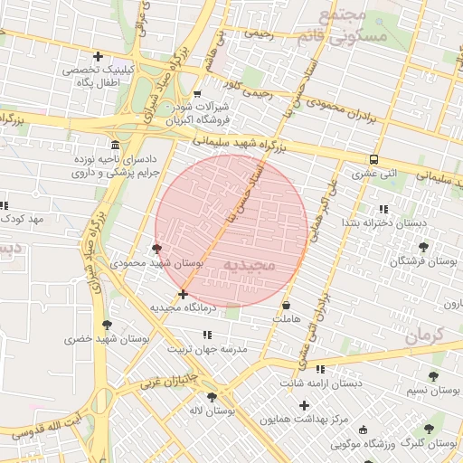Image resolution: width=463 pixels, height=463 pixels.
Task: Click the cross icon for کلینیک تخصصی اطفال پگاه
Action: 98,56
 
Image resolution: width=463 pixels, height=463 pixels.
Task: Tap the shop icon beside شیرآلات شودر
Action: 197,93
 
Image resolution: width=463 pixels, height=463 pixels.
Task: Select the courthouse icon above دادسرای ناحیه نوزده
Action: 114,146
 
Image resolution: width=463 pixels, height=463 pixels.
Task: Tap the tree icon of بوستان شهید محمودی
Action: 157,249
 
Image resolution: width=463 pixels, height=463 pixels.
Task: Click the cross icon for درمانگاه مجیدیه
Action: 184,294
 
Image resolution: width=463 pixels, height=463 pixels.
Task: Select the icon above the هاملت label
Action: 288,306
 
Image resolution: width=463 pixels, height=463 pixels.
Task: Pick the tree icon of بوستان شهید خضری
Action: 108,325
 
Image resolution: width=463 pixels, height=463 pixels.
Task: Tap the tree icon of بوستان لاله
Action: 212,397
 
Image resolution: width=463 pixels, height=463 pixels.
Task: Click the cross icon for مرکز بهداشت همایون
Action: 304,406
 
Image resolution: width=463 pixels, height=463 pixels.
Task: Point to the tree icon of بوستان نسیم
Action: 435,375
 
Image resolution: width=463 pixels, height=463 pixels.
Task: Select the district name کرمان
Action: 425,334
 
